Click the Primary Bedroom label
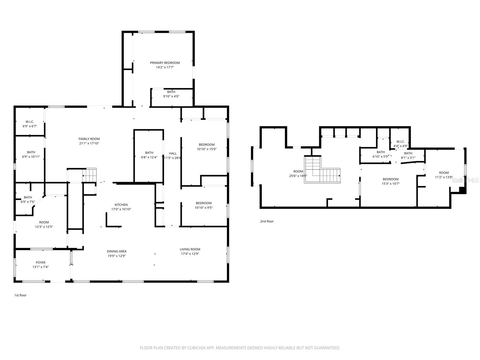tap(165, 63)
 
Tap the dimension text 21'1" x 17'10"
tap(89, 143)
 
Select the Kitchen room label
tap(121, 205)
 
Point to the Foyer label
tap(40, 262)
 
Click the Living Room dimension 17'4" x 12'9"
tap(190, 254)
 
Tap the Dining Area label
tap(117, 251)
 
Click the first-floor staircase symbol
tap(89, 175)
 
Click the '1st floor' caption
tap(20, 295)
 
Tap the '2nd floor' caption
tap(267, 221)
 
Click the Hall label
tap(173, 153)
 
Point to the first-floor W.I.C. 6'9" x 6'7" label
tap(30, 124)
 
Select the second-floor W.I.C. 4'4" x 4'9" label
tap(400, 144)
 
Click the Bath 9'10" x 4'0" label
tap(171, 94)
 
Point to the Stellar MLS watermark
tap(465, 180)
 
